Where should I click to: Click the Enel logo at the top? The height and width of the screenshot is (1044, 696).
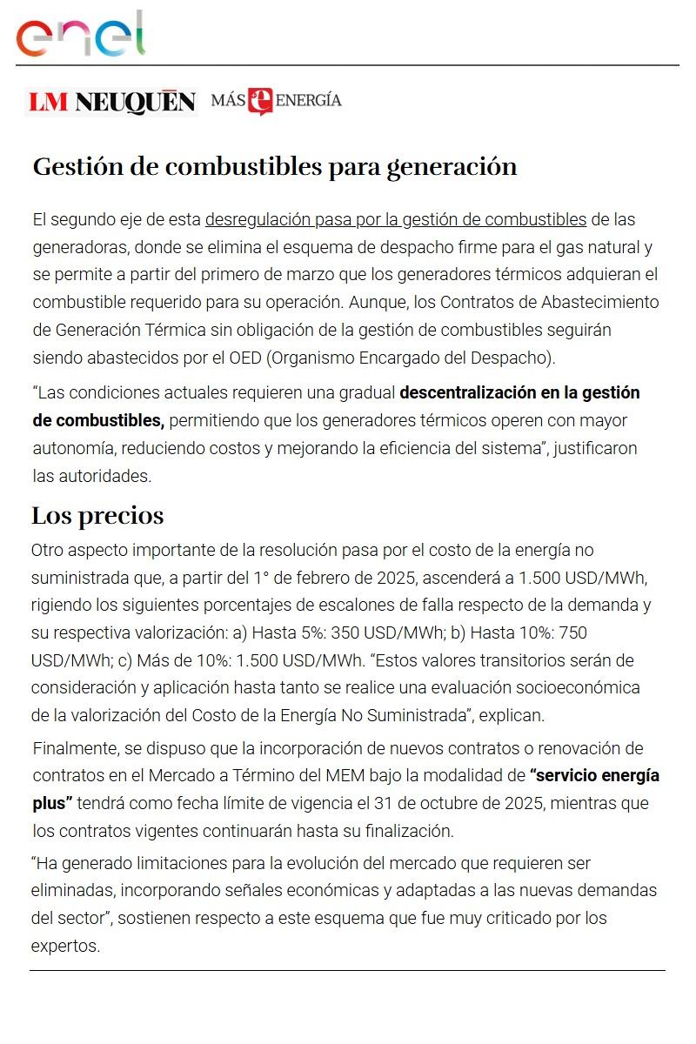81,36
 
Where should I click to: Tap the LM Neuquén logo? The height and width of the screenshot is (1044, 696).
111,103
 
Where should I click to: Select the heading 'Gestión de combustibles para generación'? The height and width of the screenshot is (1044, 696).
275,166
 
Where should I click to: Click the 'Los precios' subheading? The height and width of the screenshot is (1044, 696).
97,516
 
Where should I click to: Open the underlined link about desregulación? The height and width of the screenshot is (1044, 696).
395,218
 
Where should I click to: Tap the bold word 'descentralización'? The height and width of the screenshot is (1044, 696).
465,392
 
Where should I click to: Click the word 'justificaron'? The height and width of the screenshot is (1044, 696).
594,448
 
